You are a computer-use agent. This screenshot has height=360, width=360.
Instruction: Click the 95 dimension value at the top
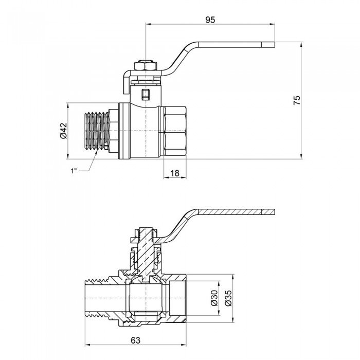(x=210, y=20)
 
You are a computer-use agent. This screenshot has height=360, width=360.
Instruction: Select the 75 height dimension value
(x=297, y=100)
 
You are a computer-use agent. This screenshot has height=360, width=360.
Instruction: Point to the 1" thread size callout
(x=75, y=171)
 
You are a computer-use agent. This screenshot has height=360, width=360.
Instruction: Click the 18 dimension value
(x=175, y=173)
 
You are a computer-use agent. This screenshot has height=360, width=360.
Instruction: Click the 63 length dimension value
(x=136, y=339)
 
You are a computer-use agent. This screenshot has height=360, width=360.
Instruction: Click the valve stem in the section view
(x=147, y=252)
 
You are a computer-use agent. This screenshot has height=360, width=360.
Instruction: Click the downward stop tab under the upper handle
(x=125, y=85)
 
